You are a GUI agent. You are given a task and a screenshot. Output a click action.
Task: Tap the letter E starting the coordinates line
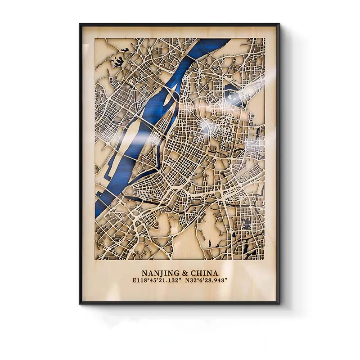135,280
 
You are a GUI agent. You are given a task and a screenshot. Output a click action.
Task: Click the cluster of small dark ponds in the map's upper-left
119,61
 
